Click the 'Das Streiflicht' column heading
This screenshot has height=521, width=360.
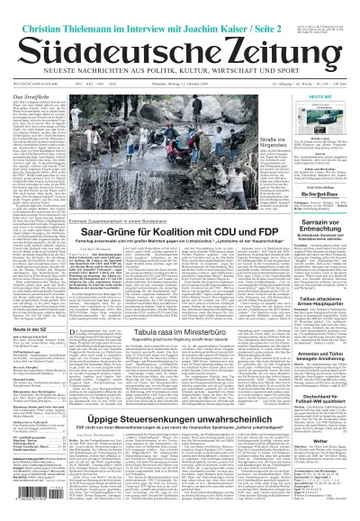[x=26, y=92]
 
